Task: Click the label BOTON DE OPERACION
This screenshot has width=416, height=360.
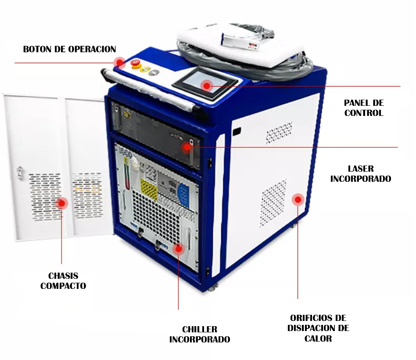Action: tap(69, 49)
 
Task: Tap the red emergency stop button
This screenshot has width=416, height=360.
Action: tap(135, 63)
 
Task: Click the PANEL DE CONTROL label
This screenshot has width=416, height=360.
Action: tap(364, 108)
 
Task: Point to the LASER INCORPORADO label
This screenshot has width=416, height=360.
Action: tap(361, 173)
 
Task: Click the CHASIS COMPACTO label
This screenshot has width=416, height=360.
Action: tap(63, 281)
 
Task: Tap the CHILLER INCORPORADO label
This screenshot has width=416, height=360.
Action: tap(200, 334)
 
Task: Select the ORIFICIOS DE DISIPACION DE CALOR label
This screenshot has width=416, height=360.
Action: tap(318, 328)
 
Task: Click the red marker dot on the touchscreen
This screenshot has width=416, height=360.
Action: tap(207, 86)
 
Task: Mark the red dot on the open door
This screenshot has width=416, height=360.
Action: tap(62, 203)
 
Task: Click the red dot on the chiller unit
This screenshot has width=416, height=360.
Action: tap(179, 249)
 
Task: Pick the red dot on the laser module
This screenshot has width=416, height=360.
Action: tap(187, 147)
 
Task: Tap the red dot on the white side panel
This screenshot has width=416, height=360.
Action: tap(298, 200)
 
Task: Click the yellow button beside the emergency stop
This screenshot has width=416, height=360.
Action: tap(144, 69)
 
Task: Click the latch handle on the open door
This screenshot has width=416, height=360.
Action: tap(20, 173)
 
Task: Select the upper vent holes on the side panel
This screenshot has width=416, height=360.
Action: tap(279, 133)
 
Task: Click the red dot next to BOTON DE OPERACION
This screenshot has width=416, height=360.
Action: tap(120, 63)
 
